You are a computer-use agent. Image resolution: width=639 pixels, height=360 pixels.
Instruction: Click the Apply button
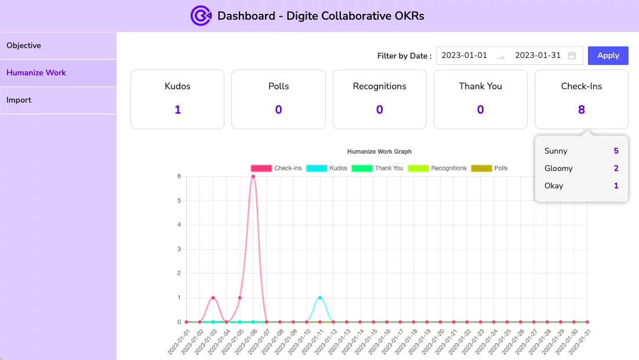608,56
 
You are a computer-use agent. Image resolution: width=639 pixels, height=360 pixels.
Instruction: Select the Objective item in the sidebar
24,46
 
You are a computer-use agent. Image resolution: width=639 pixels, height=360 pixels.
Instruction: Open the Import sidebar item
19,100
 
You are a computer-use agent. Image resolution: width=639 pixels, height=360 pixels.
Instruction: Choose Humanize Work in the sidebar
37,73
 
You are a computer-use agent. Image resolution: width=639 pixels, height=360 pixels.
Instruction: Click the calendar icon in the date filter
572,56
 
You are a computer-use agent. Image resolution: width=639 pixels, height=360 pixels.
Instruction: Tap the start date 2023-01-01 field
464,56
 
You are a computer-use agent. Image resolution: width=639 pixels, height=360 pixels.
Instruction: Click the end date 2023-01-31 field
538,56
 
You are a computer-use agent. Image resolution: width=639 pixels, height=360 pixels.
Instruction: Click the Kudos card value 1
177,110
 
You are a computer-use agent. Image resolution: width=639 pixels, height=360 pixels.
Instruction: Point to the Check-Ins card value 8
581,110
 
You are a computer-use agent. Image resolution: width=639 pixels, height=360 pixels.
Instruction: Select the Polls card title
278,86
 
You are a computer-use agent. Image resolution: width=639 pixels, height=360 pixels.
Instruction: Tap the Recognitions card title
379,86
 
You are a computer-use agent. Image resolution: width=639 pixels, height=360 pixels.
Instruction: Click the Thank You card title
480,86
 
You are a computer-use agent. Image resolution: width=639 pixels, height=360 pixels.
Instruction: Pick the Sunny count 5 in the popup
616,151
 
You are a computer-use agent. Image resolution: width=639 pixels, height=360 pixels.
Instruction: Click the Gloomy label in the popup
558,169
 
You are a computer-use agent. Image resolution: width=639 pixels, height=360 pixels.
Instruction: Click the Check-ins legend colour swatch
261,168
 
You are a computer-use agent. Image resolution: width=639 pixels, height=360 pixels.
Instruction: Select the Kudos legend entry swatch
317,168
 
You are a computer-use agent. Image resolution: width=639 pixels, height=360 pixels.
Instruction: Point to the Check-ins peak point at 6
253,176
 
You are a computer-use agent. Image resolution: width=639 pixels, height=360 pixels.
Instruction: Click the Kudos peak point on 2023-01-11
319,298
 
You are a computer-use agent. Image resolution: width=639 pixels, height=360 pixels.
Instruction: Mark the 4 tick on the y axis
179,225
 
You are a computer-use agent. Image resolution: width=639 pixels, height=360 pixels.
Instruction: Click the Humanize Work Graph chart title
379,152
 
